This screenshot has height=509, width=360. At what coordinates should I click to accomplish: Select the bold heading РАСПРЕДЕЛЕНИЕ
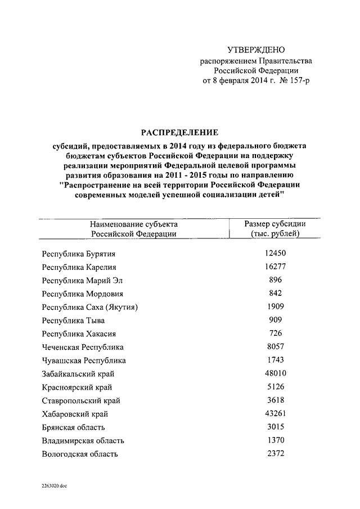tap(179, 132)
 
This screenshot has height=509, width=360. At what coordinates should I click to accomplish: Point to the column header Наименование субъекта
tap(134, 223)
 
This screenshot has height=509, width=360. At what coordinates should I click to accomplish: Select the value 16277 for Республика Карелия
tap(276, 267)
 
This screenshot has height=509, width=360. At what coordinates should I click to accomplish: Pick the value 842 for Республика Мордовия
tap(276, 293)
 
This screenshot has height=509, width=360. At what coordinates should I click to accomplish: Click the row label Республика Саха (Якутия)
tap(90, 307)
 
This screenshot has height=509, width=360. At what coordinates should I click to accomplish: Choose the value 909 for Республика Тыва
tap(276, 319)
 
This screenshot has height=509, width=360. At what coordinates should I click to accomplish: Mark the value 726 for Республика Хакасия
tap(276, 333)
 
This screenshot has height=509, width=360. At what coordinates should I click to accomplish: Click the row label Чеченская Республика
tap(83, 347)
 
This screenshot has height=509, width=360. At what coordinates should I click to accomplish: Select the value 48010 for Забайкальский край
tap(276, 373)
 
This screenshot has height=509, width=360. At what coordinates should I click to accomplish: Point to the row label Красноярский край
tap(77, 387)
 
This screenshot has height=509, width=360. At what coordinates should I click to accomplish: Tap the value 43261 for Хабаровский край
tap(276, 413)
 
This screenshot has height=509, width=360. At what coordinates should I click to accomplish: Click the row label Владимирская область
tap(83, 440)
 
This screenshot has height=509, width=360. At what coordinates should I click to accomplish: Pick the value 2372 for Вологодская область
tap(276, 453)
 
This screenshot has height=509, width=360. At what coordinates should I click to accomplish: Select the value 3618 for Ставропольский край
tap(276, 400)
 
